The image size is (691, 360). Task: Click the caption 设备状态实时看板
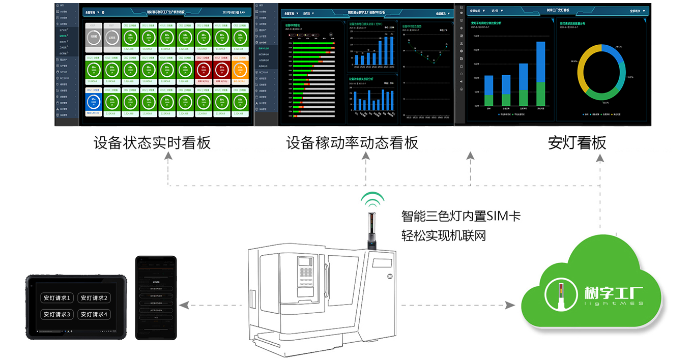point(152,143)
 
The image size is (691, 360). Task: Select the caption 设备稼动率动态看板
point(352,143)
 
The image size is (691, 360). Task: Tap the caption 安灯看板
point(577,143)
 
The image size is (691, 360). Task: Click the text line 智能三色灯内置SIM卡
point(460,217)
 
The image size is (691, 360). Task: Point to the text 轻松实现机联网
point(443,235)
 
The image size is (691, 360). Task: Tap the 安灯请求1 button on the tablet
point(57,298)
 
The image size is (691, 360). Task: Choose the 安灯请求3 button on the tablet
point(57,315)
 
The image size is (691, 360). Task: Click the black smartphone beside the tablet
point(156,298)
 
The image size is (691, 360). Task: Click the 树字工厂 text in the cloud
point(613,294)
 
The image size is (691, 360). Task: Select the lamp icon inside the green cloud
point(561,295)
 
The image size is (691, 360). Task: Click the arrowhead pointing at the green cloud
point(509,306)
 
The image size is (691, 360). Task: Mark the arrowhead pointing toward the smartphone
point(184,306)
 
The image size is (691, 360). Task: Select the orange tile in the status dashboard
point(240,71)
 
